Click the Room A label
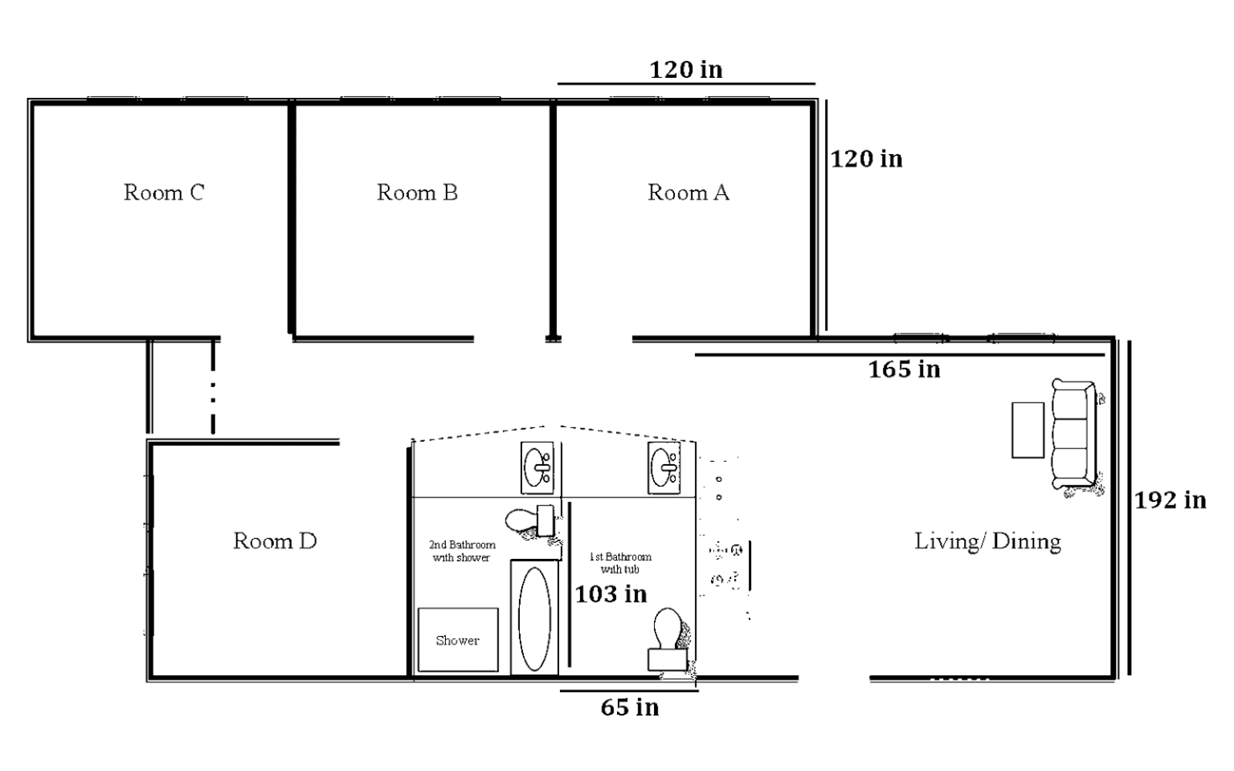[688, 193]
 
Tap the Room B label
[417, 193]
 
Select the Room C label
[164, 193]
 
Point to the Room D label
[275, 541]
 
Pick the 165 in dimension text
[904, 369]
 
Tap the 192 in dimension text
[1170, 500]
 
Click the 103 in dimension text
[611, 594]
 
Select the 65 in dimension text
[630, 708]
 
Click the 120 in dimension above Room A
[686, 70]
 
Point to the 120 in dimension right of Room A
[866, 159]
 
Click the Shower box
[458, 640]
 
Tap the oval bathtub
[534, 619]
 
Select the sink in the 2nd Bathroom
[537, 467]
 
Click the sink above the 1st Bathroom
[664, 467]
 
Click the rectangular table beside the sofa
[1028, 430]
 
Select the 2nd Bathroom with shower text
[462, 551]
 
